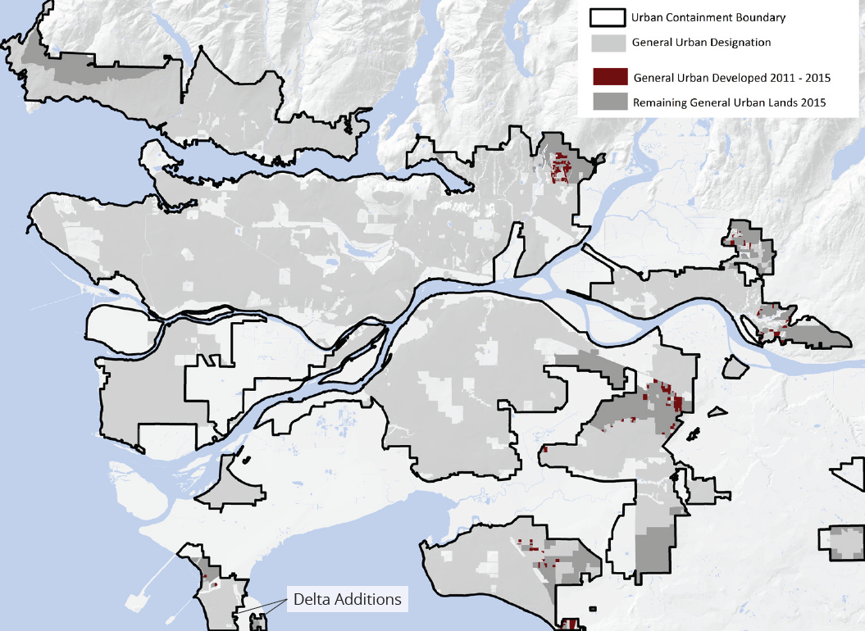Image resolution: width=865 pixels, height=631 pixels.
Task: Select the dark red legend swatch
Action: point(607,78)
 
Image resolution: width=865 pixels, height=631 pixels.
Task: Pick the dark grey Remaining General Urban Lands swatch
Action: point(607,102)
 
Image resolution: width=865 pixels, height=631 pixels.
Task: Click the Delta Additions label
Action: point(347,599)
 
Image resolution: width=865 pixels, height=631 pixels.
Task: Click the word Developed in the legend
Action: point(735,78)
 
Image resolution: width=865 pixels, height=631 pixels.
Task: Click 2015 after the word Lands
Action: point(810,102)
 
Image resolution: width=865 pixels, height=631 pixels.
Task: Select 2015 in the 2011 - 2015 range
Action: point(817,78)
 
